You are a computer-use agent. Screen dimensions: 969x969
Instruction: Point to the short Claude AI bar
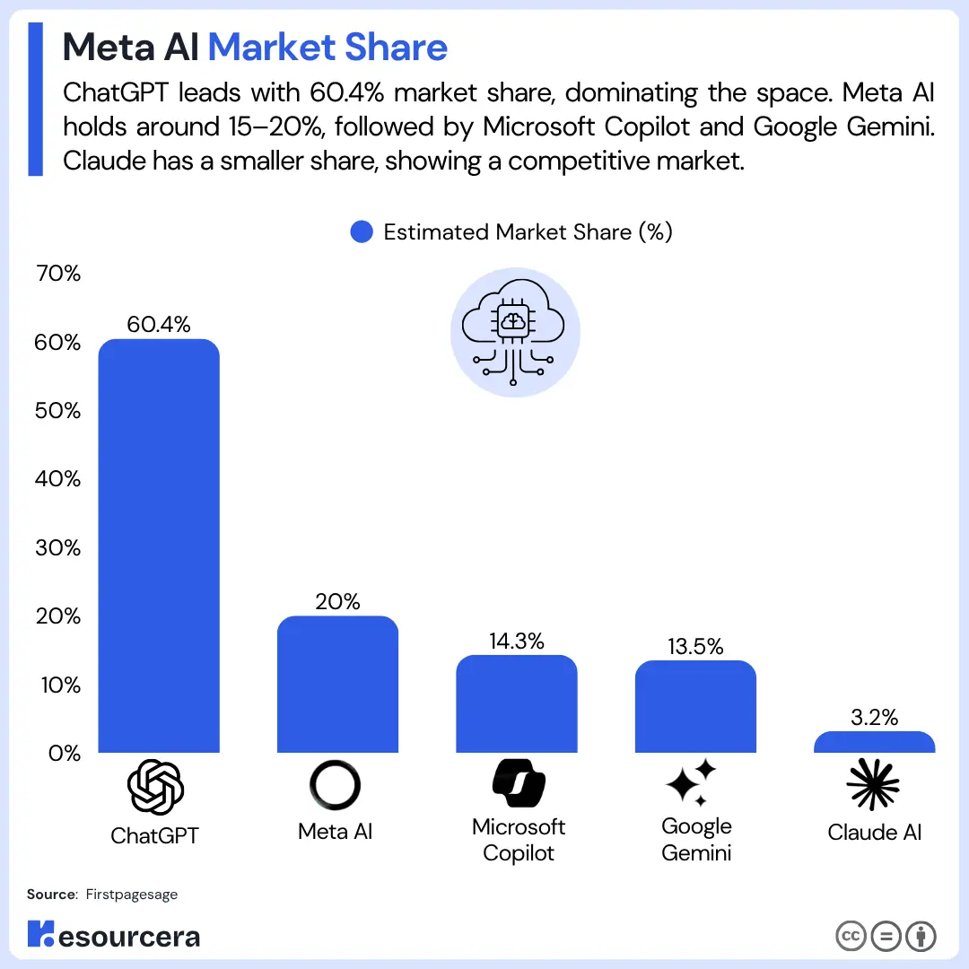pos(875,742)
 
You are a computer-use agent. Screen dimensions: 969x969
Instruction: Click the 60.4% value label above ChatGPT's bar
pos(159,325)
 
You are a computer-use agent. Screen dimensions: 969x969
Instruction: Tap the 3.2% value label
pos(875,717)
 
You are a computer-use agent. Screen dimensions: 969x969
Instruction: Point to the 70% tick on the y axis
pos(58,274)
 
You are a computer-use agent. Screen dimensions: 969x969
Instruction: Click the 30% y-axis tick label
pos(58,547)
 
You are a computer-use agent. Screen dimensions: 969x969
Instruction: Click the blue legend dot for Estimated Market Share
pos(361,232)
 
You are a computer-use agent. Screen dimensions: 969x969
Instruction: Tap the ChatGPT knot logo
pos(156,787)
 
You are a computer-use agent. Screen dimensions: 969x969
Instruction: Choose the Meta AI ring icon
pos(336,785)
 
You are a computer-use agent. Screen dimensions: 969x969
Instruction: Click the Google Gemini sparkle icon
pos(692,782)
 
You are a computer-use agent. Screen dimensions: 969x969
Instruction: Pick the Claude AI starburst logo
pos(873,783)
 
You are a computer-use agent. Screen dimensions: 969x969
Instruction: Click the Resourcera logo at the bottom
pos(114,936)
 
